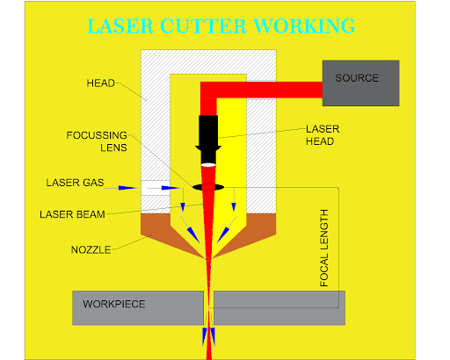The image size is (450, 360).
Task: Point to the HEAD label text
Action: point(100,83)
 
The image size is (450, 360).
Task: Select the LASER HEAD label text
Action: point(322,134)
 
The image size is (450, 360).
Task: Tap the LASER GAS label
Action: point(74,184)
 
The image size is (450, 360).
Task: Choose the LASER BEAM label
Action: point(74,213)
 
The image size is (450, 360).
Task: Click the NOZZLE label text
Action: point(91,249)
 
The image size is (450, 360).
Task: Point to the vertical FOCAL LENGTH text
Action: point(325,248)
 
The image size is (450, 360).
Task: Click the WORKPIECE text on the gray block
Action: point(113,305)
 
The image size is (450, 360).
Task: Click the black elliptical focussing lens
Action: point(208,187)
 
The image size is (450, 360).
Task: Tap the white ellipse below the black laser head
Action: point(208,165)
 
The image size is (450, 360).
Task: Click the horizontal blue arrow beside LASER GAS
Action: point(127,187)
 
